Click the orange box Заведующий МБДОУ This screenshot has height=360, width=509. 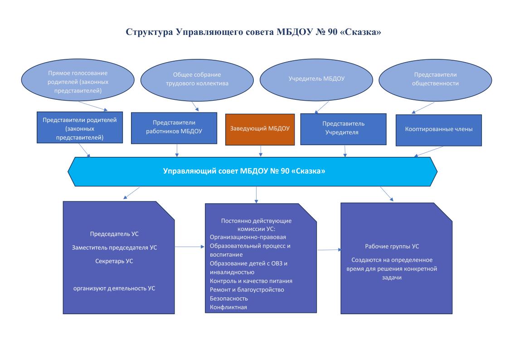260,129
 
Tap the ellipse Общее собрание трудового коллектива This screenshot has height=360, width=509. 197,80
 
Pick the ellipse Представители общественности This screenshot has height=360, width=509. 435,80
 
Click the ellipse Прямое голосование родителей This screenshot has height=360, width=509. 78,80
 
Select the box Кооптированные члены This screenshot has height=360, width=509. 439,130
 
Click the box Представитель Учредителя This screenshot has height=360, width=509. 344,129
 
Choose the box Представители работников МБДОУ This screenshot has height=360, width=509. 174,128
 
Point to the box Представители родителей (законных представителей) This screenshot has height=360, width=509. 80,127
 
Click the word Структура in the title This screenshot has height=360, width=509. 149,32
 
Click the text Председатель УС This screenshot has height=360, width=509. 114,234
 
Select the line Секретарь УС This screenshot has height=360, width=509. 114,261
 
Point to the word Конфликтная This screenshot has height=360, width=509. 228,307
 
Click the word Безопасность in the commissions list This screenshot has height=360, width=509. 229,299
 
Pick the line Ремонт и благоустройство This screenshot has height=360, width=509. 247,290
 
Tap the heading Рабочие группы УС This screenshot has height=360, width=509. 392,246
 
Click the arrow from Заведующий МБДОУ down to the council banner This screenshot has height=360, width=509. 260,151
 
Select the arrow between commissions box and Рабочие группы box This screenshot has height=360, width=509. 329,250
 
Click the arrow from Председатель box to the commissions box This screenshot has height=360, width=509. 190,247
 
